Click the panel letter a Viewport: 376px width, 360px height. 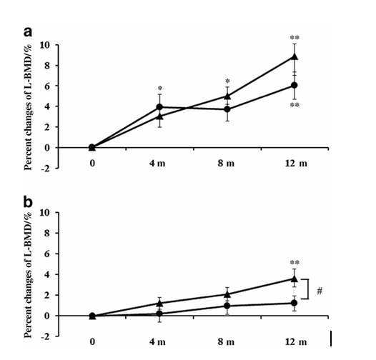28,32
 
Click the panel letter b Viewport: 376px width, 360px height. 28,202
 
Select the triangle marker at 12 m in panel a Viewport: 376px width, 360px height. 295,56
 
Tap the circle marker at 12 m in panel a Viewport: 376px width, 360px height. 295,85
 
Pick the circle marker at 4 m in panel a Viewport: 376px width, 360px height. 159,107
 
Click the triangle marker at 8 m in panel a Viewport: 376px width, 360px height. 227,96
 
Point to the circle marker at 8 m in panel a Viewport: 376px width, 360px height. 227,109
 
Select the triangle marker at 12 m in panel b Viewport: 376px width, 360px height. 295,279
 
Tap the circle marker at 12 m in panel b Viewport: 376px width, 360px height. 295,303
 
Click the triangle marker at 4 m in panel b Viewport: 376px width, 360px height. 159,304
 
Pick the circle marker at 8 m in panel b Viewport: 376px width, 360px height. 227,306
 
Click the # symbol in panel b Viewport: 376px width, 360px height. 320,291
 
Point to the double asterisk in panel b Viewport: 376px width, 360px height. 295,262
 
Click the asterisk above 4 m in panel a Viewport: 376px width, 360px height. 160,88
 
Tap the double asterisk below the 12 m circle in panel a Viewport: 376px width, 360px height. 295,105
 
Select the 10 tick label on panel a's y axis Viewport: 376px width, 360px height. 45,45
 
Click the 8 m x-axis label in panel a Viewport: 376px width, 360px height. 226,164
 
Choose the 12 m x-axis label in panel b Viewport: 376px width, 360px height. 296,341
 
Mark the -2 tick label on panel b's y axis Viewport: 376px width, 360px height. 46,336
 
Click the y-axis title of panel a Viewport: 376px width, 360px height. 29,107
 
